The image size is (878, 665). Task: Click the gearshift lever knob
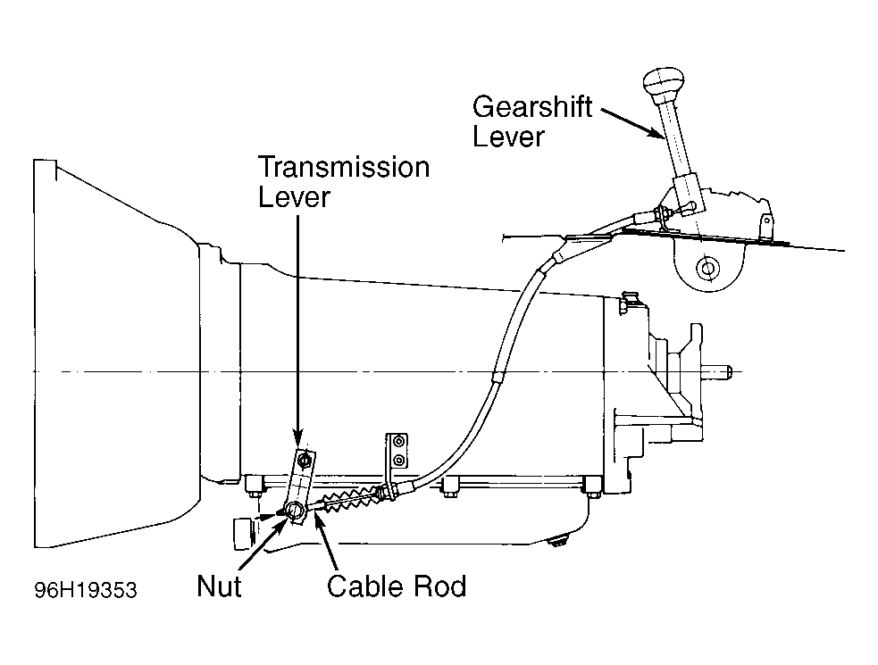pos(664,83)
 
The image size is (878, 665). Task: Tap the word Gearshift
pos(532,106)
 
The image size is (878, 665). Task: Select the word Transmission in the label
pos(344,167)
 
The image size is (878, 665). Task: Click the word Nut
pos(219,586)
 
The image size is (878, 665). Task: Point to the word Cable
pos(364,586)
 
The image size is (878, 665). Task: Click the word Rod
pos(439,586)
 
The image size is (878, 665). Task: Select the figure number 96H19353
pos(86,590)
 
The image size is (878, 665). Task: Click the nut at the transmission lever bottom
pos(295,510)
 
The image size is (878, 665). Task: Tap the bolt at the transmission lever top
pos(305,460)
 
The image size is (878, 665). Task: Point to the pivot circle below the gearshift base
pos(707,269)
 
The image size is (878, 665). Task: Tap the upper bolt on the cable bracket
pos(398,442)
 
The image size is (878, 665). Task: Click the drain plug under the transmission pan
pos(556,540)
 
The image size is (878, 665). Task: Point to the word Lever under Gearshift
pos(508,137)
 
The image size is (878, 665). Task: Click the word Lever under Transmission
pos(294,197)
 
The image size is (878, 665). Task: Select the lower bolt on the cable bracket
pos(398,460)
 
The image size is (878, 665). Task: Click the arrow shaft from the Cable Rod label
pos(329,544)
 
